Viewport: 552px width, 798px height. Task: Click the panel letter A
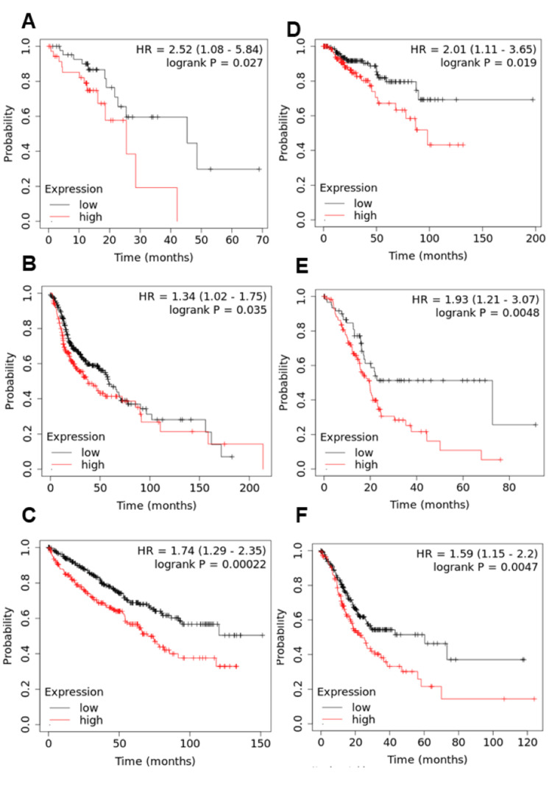pos(29,21)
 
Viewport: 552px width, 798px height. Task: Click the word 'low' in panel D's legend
pos(362,203)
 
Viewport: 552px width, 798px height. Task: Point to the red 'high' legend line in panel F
pos(335,719)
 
